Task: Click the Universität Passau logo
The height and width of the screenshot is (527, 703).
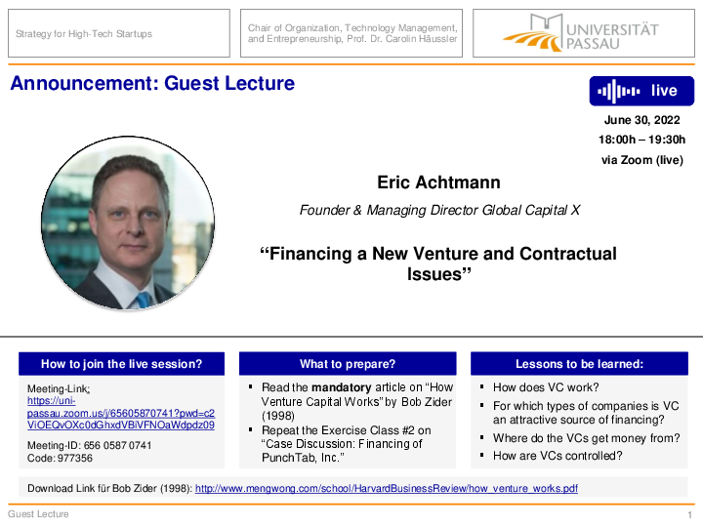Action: click(x=581, y=33)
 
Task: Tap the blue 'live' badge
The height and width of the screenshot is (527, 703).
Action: click(x=641, y=91)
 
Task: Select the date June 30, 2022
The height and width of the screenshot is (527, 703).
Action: click(x=642, y=120)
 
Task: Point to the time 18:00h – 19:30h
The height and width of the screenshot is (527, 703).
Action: click(x=642, y=140)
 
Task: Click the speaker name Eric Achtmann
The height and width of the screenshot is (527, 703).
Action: click(x=438, y=182)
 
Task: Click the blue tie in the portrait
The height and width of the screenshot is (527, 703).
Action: click(x=143, y=300)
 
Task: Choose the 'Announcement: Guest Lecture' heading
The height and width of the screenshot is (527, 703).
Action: click(x=152, y=83)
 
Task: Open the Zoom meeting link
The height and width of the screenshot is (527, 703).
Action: click(x=121, y=413)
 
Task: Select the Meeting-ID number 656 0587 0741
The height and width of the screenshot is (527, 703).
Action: click(x=117, y=445)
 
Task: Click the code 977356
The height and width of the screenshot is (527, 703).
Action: click(x=75, y=458)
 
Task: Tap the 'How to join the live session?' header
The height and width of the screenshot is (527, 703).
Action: click(x=121, y=364)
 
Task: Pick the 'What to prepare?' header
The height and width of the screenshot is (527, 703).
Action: click(x=348, y=364)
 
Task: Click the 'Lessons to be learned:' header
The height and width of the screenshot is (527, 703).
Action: click(x=579, y=364)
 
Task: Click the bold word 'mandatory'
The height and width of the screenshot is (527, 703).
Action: click(x=341, y=387)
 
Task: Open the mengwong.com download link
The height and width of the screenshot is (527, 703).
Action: click(x=387, y=489)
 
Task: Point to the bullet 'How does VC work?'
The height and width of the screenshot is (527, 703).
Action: click(x=546, y=387)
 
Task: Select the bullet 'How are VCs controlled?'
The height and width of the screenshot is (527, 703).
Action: click(x=558, y=456)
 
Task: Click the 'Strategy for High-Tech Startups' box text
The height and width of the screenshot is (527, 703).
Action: click(x=84, y=34)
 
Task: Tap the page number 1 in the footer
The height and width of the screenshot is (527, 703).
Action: click(x=690, y=515)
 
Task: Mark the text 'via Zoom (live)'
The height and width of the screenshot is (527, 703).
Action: click(x=642, y=160)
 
